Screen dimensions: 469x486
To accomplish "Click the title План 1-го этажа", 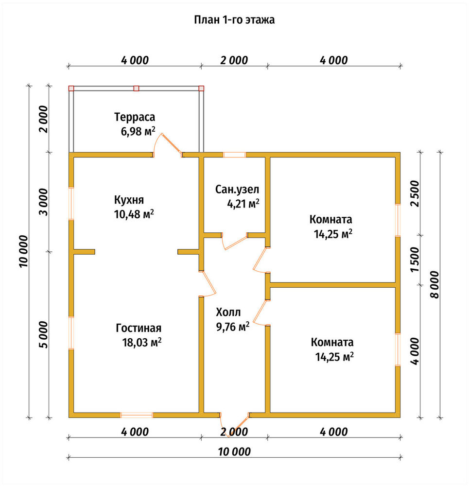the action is coord(234,20).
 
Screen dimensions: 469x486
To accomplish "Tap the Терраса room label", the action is coord(135,117).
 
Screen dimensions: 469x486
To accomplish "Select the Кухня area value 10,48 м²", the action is coord(134,214).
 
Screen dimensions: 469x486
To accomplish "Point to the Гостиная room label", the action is coord(139,328).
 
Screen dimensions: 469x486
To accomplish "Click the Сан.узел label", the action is coord(237,189).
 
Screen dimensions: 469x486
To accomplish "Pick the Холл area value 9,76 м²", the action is coord(233,327).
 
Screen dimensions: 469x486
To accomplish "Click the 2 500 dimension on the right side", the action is coord(415,194).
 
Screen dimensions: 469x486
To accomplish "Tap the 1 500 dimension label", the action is coord(415,260).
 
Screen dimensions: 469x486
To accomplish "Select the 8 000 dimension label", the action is coord(435,284).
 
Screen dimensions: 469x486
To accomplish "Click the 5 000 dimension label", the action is coord(44,335).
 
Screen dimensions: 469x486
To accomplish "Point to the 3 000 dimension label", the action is coord(44,202).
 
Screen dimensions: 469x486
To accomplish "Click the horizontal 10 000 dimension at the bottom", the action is coord(234,451).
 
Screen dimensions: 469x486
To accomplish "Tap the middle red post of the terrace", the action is coord(137,88).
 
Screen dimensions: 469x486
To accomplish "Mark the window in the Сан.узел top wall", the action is coord(234,155).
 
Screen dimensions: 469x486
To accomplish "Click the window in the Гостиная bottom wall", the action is coord(137,415).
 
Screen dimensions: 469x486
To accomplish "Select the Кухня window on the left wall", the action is coord(71,204).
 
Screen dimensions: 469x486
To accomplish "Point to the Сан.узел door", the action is coord(235,241).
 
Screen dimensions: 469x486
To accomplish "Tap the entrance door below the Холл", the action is coord(235,425).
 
